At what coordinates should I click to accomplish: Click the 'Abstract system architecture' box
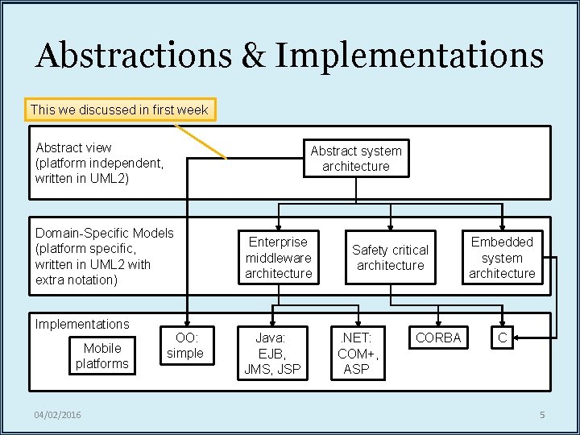click(355, 159)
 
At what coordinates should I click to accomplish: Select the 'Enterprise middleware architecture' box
click(278, 258)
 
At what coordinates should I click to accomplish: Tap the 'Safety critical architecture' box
click(390, 258)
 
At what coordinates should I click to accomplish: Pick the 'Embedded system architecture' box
click(502, 258)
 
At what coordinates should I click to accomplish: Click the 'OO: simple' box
click(185, 346)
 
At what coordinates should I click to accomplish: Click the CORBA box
click(437, 338)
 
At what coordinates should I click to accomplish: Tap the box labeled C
click(502, 338)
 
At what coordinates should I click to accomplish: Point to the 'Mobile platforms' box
click(101, 356)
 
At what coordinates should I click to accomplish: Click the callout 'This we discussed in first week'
click(119, 110)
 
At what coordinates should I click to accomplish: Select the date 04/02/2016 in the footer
click(57, 415)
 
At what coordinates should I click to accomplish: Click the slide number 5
click(542, 415)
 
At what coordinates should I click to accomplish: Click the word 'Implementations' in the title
click(409, 56)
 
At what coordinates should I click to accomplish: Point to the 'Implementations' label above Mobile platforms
click(82, 324)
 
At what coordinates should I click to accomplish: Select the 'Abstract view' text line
click(74, 147)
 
